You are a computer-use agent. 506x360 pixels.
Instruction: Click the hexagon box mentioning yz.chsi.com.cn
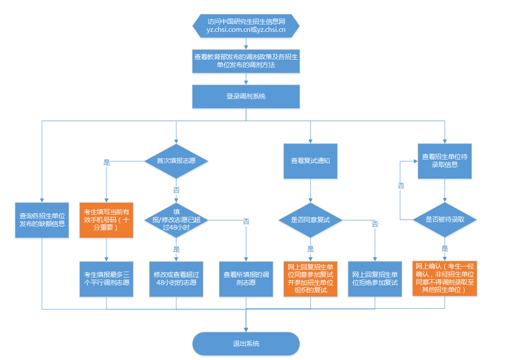246,26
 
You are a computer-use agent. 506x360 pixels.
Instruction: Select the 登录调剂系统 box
246,97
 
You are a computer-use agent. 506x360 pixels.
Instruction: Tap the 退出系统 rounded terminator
246,344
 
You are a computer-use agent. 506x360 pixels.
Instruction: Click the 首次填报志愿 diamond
176,161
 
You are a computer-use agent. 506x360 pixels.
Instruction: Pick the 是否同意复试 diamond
310,220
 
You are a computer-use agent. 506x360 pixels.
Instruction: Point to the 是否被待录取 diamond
444,219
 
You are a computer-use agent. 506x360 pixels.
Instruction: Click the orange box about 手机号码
106,220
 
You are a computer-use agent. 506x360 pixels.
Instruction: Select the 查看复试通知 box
310,161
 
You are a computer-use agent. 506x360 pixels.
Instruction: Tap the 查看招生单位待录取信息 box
444,161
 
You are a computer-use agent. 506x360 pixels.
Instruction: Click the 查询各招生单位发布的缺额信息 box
42,220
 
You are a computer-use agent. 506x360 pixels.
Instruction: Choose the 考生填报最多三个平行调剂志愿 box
106,279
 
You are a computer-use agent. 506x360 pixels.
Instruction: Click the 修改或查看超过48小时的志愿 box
176,279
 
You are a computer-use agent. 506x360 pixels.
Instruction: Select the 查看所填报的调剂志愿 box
246,279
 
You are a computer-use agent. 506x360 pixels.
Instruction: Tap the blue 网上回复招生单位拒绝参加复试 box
375,279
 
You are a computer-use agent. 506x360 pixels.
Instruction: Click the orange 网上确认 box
444,278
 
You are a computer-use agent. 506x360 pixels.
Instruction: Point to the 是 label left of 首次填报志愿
107,162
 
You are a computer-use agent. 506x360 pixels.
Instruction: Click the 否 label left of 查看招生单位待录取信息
401,186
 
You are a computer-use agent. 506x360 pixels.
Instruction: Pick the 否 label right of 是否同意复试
375,224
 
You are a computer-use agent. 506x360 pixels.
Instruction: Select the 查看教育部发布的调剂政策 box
246,61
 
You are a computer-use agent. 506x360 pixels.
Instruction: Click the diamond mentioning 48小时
176,220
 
